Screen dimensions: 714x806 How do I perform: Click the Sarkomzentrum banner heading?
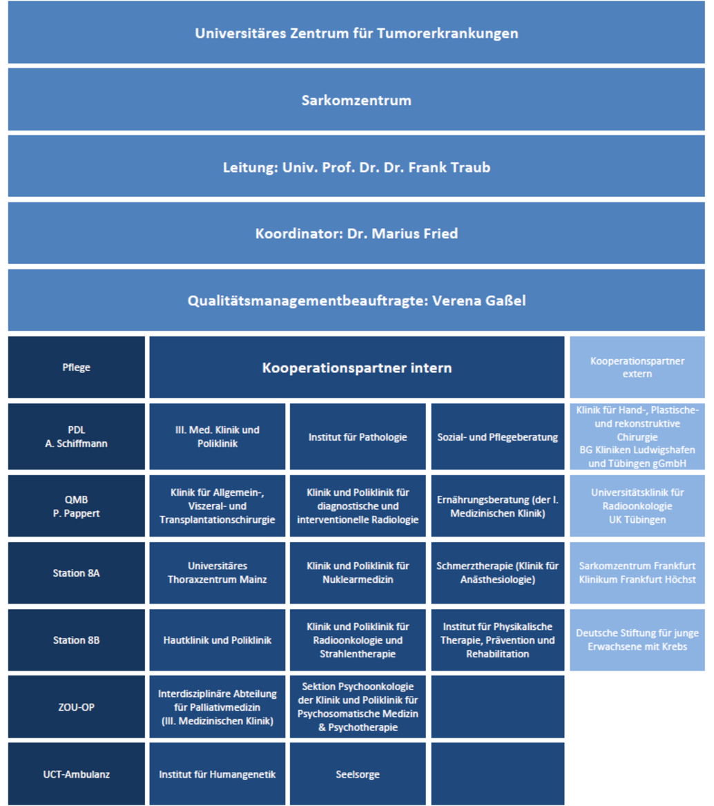coord(356,99)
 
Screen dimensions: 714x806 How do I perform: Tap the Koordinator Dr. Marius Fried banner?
coord(356,233)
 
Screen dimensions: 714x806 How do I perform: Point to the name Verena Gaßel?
coord(479,300)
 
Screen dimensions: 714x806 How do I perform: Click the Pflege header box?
coord(77,367)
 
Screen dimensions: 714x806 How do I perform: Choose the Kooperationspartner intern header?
coord(357,367)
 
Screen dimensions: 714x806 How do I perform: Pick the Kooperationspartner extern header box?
coord(637,367)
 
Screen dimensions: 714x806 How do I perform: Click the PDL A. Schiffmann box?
coord(77,436)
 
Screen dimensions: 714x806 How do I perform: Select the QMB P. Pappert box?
coord(77,506)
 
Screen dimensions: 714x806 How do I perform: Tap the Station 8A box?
coord(77,573)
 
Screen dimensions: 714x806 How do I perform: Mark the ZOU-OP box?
coord(77,707)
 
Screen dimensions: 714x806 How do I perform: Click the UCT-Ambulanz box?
coord(77,774)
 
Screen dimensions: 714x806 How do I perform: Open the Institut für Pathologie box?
coord(358,436)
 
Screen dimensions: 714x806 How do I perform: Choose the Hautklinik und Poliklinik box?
coord(218,640)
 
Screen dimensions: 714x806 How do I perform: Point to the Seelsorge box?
coord(358,774)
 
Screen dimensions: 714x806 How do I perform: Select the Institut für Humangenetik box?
coord(218,774)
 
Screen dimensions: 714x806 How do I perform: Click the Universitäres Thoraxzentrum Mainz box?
coord(218,573)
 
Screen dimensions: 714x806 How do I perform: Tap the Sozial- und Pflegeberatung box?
coord(498,436)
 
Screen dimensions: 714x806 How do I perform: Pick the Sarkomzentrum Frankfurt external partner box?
coord(637,573)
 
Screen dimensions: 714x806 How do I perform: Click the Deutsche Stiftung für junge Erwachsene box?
coord(637,640)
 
